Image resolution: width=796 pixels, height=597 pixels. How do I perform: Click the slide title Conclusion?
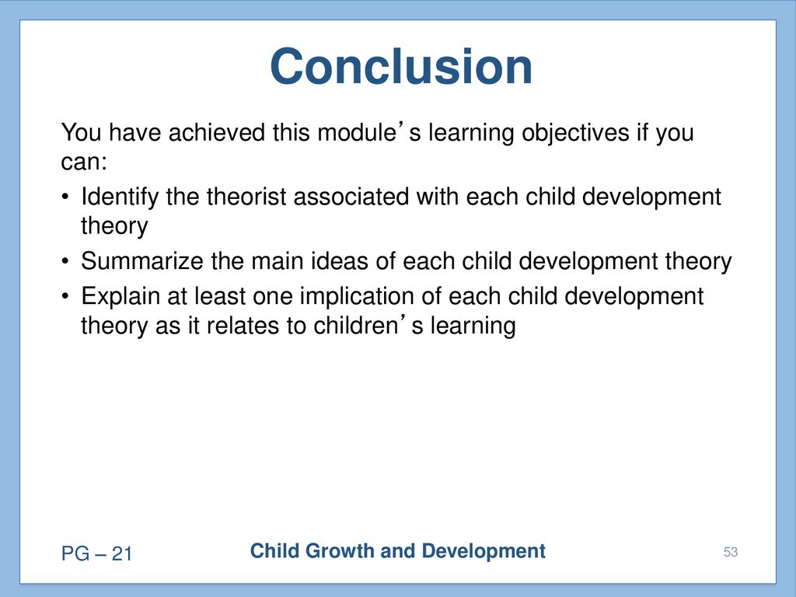click(401, 67)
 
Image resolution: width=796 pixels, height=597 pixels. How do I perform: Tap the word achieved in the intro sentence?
click(217, 132)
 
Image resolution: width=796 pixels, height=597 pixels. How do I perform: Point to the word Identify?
click(120, 197)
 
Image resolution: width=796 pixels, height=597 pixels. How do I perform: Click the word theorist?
click(246, 197)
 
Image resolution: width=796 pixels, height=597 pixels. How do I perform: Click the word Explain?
click(120, 297)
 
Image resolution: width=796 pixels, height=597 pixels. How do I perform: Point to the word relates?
click(243, 326)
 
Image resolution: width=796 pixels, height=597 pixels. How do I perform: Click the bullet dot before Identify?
click(65, 197)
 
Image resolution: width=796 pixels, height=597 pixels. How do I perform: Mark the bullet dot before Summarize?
click(65, 261)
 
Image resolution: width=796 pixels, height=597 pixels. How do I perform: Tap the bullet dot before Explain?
click(65, 296)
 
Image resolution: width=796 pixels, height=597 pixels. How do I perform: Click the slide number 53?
click(731, 552)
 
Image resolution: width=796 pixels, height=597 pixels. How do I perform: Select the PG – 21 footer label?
click(96, 553)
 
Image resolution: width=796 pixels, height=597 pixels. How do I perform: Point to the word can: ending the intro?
click(84, 162)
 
